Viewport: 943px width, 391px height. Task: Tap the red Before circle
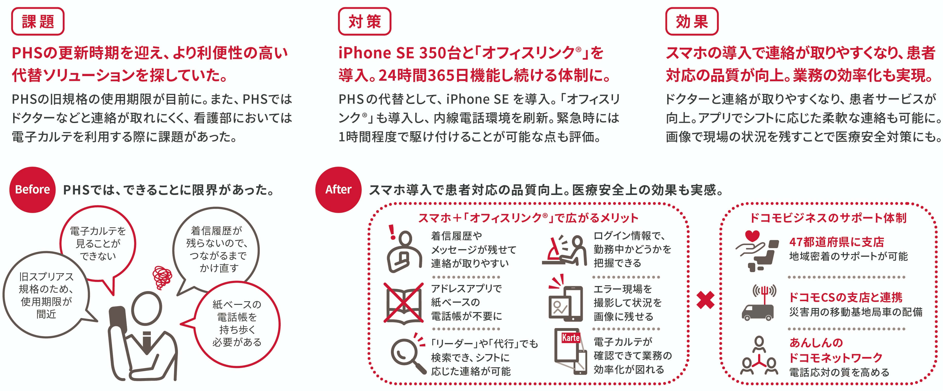(x=32, y=190)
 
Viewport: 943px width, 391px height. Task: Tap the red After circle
(x=338, y=190)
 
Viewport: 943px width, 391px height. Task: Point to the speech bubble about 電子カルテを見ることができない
(x=98, y=243)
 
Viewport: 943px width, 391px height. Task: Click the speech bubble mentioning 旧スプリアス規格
(x=46, y=295)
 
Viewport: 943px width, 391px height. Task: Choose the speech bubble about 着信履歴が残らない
(x=216, y=249)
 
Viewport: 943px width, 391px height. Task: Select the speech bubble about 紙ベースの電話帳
(x=237, y=323)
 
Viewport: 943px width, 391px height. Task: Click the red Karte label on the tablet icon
(x=570, y=338)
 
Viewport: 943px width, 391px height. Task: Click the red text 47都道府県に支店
(x=836, y=242)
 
